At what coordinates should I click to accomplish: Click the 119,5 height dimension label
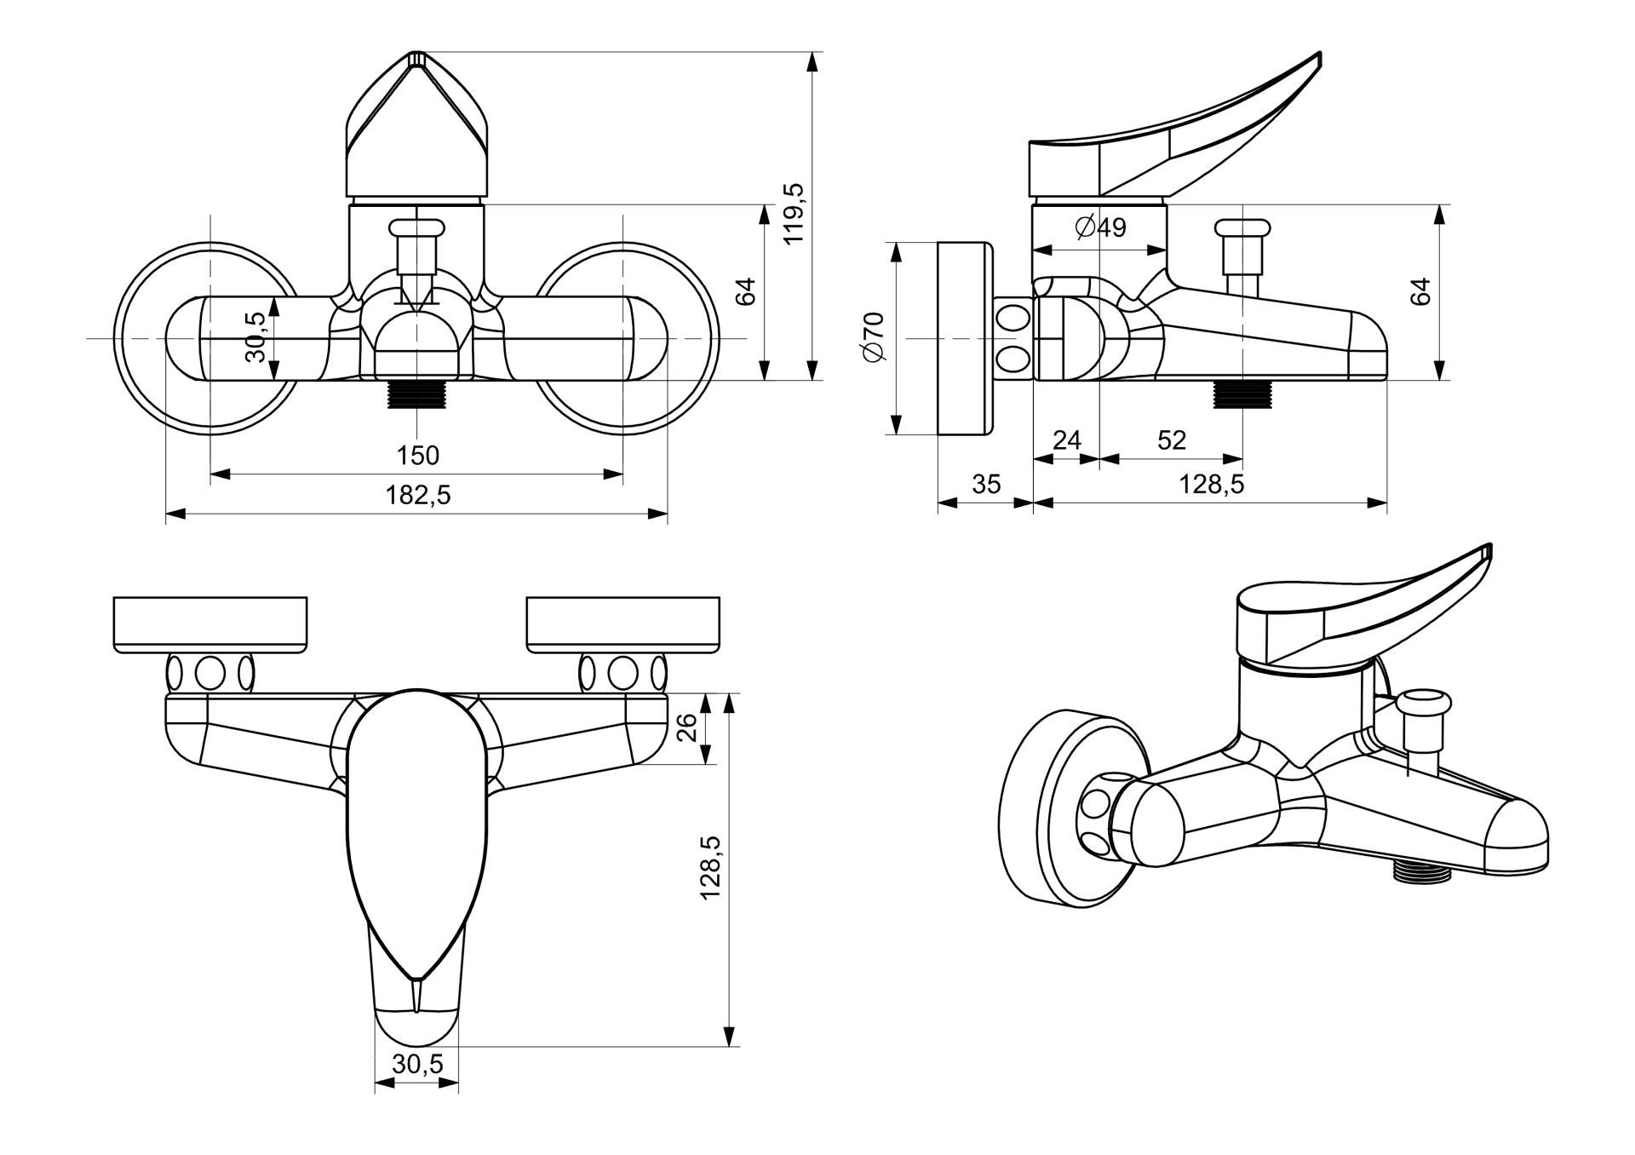click(x=795, y=213)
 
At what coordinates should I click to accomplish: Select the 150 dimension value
click(x=418, y=456)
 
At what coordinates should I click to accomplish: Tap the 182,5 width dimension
click(x=418, y=495)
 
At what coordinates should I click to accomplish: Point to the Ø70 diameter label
click(x=875, y=337)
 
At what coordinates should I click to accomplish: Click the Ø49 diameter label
click(x=1099, y=227)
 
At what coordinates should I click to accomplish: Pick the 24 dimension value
click(x=1066, y=440)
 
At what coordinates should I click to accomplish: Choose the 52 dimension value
click(x=1172, y=440)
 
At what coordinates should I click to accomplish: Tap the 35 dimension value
click(x=986, y=484)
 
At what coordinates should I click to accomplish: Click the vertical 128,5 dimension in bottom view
click(x=710, y=868)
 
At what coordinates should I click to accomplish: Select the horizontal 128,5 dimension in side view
click(x=1211, y=484)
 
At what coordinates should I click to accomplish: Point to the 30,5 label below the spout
click(x=417, y=1063)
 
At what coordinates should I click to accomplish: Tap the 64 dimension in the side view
click(x=1420, y=291)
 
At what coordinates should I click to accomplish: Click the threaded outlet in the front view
click(x=416, y=395)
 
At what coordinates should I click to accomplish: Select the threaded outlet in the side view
click(x=1242, y=394)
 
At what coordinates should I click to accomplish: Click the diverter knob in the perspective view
click(x=1422, y=705)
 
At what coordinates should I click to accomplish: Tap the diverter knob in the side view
click(x=1244, y=228)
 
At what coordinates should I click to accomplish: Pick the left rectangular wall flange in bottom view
click(x=210, y=625)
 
